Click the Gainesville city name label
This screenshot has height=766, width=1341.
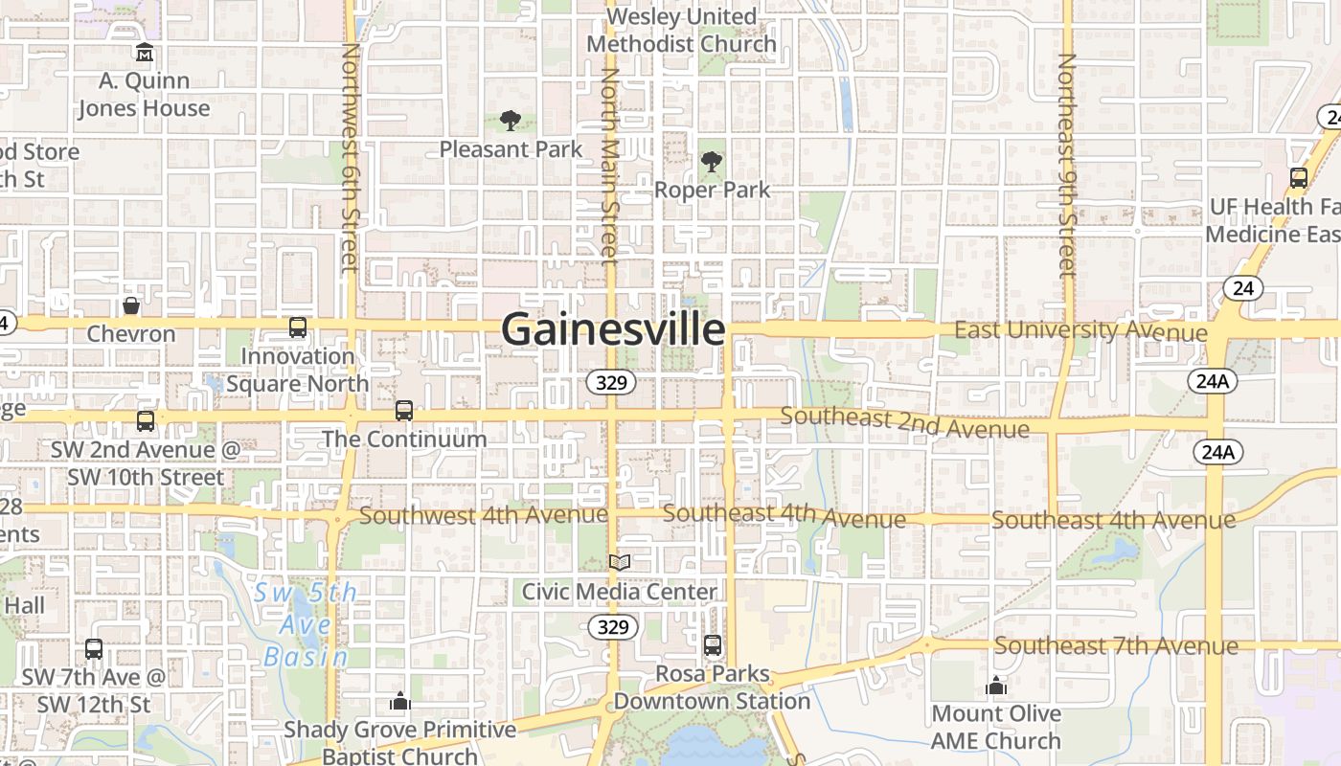[613, 329]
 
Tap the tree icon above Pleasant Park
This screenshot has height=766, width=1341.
[511, 121]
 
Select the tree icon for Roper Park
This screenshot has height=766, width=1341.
[711, 161]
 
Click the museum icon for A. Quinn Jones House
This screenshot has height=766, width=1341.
[144, 52]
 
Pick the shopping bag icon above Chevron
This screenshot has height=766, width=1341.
[131, 305]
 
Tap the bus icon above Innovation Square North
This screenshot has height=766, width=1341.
[298, 327]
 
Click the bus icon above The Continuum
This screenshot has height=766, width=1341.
[404, 411]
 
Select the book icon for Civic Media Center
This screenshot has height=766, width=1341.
[620, 563]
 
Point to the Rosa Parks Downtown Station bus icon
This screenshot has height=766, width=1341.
[712, 645]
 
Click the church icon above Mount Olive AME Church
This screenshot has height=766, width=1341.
[996, 686]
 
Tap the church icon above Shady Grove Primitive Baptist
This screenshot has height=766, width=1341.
[399, 702]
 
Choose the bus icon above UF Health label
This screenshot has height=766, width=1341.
[1298, 178]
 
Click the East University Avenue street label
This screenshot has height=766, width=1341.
[1080, 331]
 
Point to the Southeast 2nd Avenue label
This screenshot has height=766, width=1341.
[904, 422]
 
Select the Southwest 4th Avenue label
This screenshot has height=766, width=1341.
[483, 515]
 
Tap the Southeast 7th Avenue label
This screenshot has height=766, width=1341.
[1116, 646]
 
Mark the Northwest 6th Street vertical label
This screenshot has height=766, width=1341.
[350, 157]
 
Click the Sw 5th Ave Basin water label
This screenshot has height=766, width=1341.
[307, 624]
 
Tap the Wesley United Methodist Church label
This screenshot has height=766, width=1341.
[681, 31]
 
